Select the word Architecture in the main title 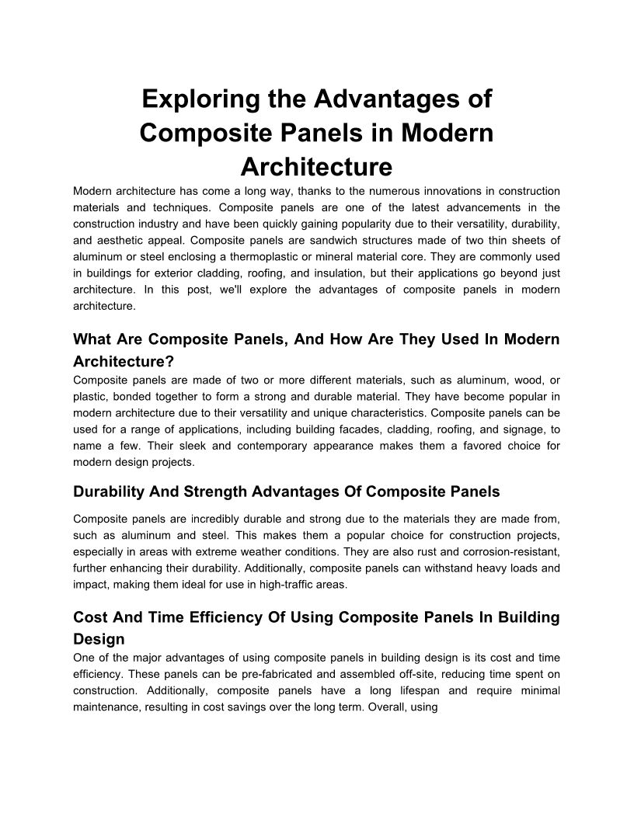pos(316,167)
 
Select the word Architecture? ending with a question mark pos(123,361)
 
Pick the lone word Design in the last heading pos(99,638)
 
